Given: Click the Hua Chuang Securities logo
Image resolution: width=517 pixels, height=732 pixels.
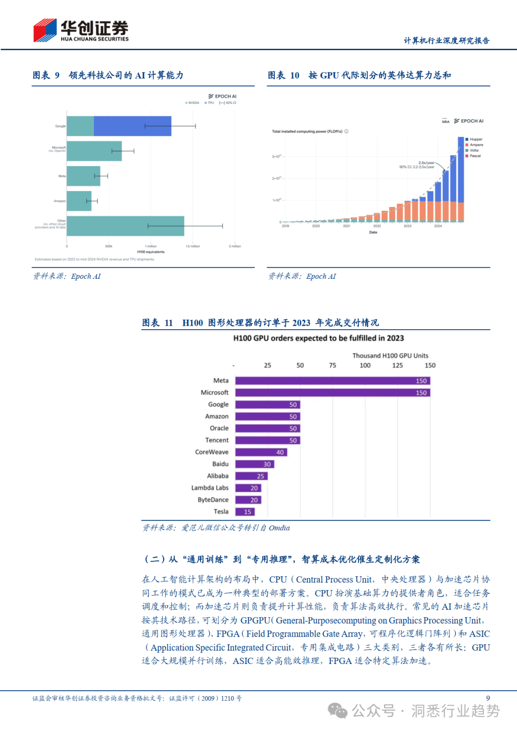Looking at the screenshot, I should tap(80, 31).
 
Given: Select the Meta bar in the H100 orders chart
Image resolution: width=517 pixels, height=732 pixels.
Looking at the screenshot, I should tap(333, 381).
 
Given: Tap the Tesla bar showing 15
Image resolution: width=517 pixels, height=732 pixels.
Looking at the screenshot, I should tap(245, 512).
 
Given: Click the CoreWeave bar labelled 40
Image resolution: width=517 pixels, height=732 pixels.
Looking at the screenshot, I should tap(261, 452).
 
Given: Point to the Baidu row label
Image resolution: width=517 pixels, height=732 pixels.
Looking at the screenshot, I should tap(220, 464).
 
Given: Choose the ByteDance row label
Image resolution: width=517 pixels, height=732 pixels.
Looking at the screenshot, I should tap(213, 500).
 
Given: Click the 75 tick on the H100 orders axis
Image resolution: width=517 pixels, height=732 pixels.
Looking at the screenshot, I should tap(333, 366).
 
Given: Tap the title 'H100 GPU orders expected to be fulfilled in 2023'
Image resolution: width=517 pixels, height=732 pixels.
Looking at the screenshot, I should tap(318, 338).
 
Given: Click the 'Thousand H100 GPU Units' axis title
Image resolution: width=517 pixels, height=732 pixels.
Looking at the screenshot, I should tap(390, 355).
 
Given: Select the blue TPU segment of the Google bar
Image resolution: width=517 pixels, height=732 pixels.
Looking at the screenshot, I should tap(132, 126).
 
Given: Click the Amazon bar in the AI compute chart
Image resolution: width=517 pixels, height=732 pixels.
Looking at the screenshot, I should tap(79, 201).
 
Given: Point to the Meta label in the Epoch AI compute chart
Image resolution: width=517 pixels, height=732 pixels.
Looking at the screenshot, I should tap(62, 176).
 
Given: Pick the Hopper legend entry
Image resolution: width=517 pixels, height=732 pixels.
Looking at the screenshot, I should tap(476, 139).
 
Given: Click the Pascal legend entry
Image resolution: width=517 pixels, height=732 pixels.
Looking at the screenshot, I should tap(475, 156).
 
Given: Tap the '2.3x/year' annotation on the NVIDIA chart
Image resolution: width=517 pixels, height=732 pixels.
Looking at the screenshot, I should tap(426, 163).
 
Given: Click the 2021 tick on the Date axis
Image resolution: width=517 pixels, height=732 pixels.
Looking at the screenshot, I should tap(347, 226).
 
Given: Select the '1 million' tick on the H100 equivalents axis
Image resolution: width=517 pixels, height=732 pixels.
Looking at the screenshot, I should tap(151, 246).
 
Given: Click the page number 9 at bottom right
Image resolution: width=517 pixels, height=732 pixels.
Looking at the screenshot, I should tap(488, 698).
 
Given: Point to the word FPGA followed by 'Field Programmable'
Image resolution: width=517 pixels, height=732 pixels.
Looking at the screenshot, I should tap(227, 634).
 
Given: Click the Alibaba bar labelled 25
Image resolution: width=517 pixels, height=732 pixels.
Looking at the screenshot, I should tap(251, 476).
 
